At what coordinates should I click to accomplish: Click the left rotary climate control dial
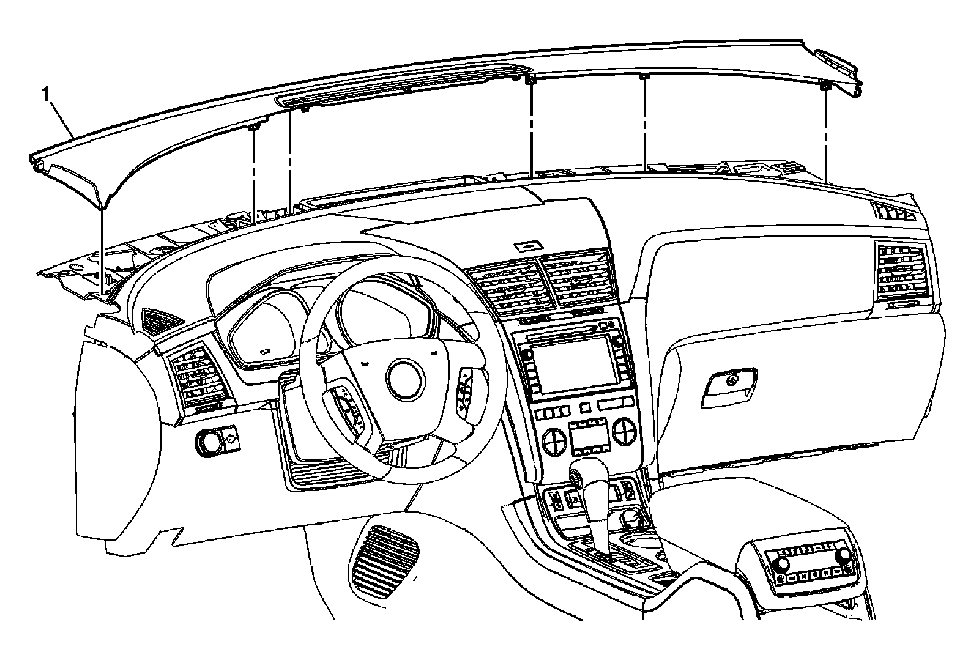click(x=555, y=439)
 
